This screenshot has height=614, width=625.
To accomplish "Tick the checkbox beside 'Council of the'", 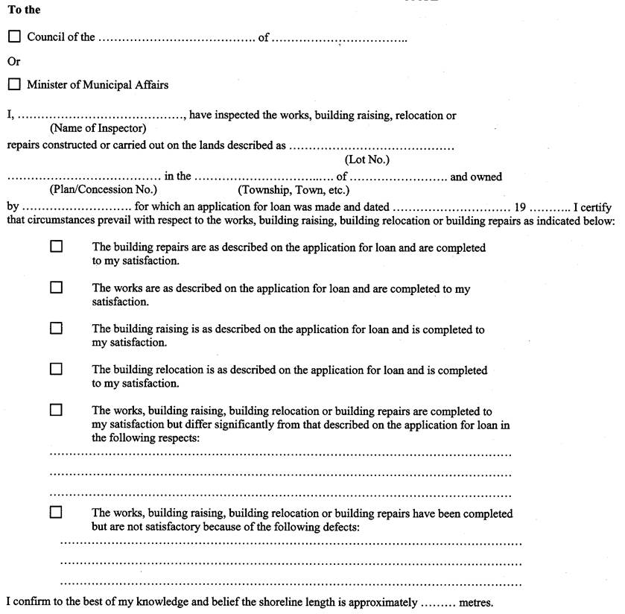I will [x=15, y=37].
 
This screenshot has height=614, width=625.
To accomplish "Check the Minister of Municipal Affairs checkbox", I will [x=15, y=85].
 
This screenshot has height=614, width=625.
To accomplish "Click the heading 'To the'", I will [x=24, y=10].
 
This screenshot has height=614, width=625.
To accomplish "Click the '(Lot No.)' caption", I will [x=367, y=159].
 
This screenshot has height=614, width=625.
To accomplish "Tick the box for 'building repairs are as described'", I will [x=56, y=247].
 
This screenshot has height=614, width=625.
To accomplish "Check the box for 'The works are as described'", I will [x=56, y=287].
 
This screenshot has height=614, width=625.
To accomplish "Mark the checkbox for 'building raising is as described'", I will [x=56, y=328].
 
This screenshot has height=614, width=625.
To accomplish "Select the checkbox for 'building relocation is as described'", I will [x=56, y=369].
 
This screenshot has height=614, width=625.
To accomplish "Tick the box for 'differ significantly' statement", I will [x=56, y=410].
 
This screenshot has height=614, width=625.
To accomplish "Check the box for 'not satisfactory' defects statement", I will [x=56, y=513].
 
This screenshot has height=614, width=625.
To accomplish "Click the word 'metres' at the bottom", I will [x=477, y=602].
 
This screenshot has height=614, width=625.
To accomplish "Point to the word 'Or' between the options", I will [x=14, y=61].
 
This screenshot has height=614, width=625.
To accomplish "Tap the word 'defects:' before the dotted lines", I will [x=340, y=527].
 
